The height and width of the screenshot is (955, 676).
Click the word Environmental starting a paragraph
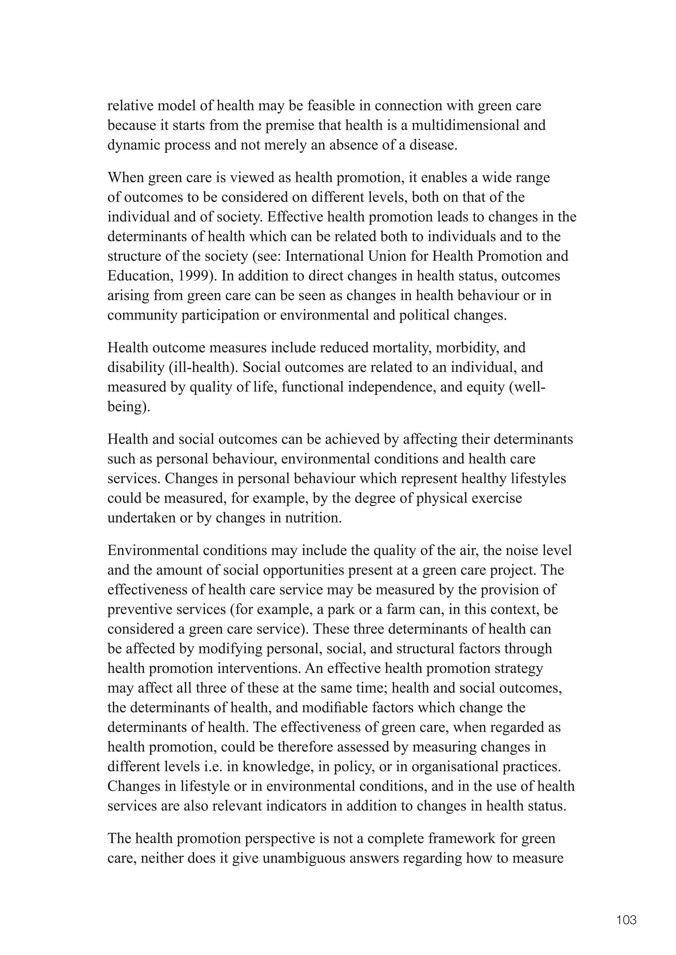153,550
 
